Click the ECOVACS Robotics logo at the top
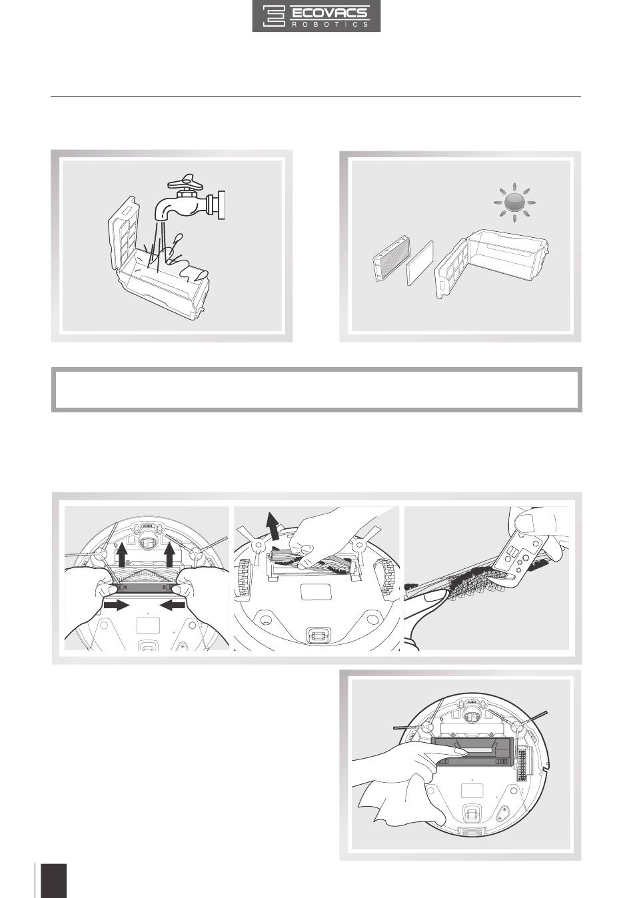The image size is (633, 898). tap(316, 16)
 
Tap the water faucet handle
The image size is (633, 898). tap(185, 182)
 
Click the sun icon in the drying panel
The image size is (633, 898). tap(514, 203)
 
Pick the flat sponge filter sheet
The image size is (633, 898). tap(420, 262)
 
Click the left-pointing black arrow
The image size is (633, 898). tap(173, 605)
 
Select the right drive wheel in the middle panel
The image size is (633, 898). tap(386, 578)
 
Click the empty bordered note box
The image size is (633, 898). tap(316, 390)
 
